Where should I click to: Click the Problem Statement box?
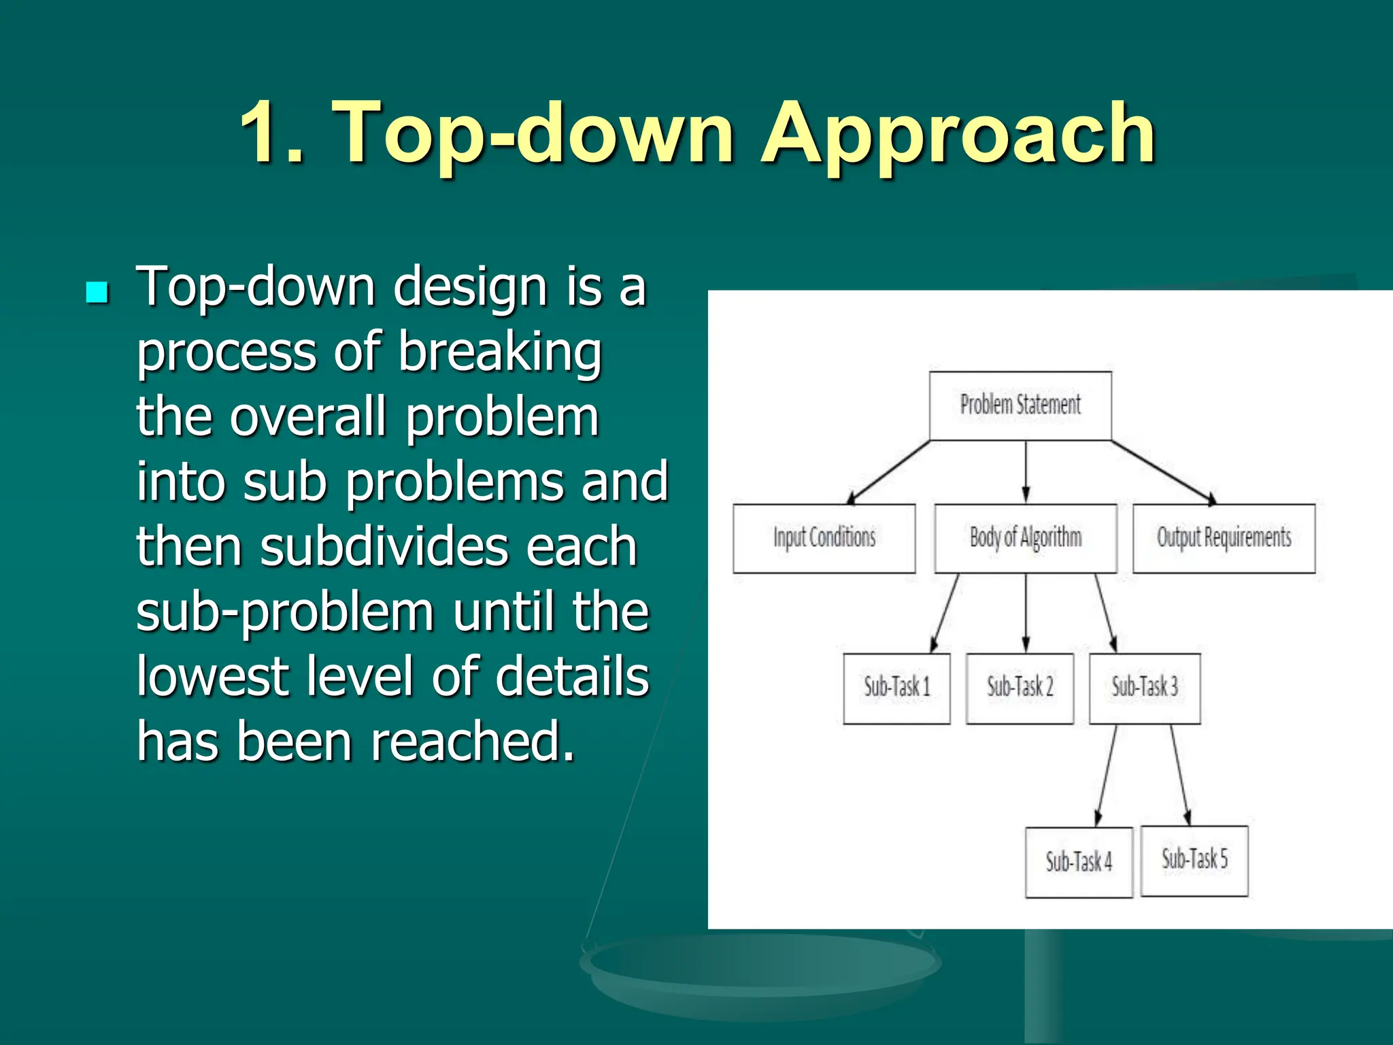(1020, 405)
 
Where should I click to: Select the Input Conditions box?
(824, 538)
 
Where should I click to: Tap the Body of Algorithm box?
(1026, 538)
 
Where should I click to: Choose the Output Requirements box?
(1224, 538)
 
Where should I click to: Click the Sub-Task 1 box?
(896, 688)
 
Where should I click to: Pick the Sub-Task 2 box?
(1020, 688)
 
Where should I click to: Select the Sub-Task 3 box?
(1145, 688)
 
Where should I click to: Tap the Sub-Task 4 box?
(1079, 862)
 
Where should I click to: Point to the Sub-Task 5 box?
(1194, 860)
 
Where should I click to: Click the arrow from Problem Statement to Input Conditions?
(890, 472)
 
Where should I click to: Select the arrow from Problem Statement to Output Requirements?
(1163, 472)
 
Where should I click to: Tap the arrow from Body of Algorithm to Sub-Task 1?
(945, 612)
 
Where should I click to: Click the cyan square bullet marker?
(97, 293)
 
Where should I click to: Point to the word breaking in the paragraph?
(500, 352)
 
